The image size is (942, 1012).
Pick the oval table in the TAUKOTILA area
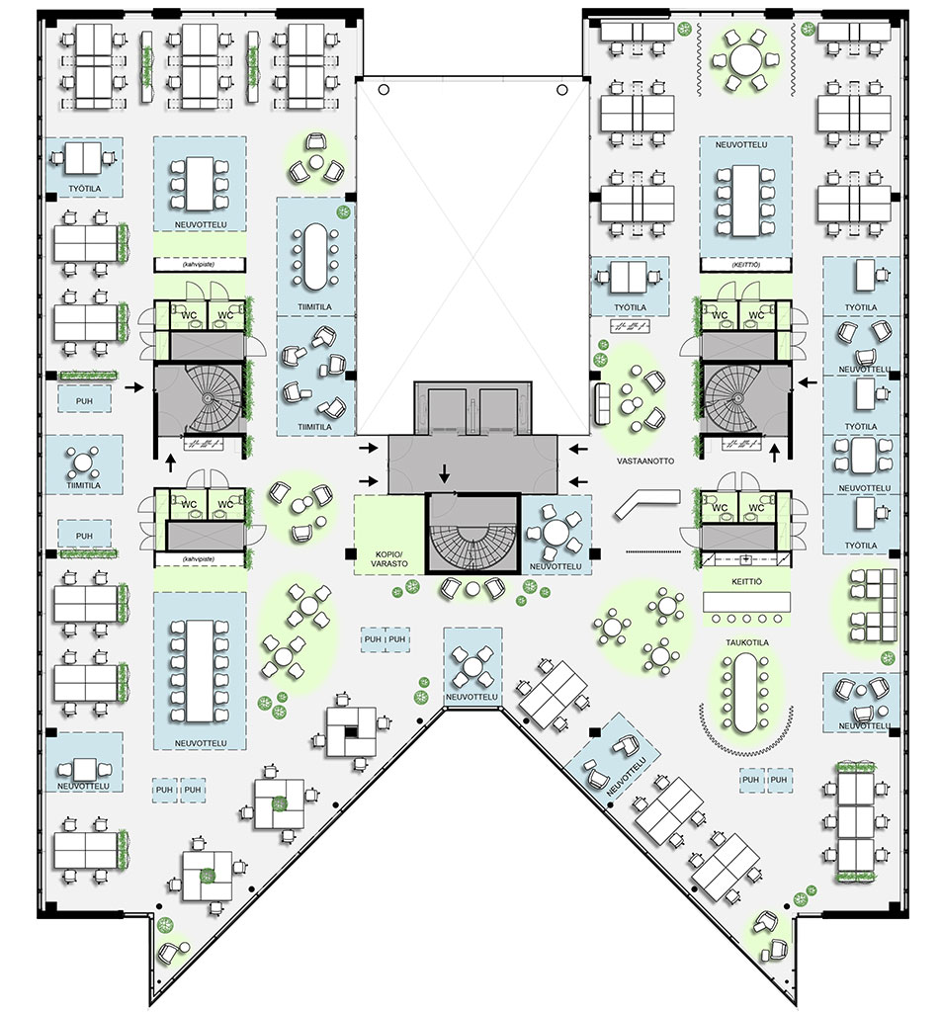point(744,692)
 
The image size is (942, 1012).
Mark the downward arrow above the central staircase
point(444,474)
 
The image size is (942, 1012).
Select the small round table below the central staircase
point(471,590)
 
